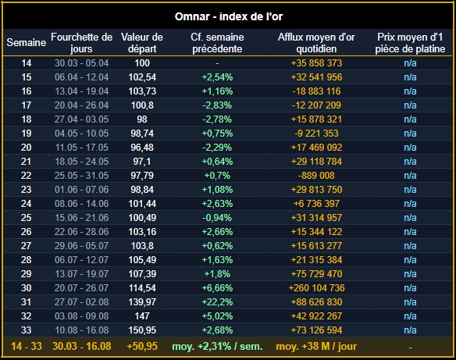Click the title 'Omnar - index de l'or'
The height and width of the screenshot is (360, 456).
pos(229,16)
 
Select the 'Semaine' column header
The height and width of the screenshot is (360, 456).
pos(27,42)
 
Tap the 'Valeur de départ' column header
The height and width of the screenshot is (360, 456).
pos(142,43)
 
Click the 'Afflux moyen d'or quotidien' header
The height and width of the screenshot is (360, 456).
pos(316,43)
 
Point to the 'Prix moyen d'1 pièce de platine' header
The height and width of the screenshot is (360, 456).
pos(410,43)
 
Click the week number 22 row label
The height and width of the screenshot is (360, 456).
pos(27,176)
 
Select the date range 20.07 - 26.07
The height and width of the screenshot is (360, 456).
pos(82,288)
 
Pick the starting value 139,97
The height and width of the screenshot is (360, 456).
pos(142,302)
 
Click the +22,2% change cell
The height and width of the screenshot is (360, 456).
pos(217,302)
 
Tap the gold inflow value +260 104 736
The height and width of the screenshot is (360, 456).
pos(316,288)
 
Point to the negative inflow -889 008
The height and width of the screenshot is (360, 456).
pos(316,176)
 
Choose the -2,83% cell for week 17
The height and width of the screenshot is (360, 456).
pos(217,105)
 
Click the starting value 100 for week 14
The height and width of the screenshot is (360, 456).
pos(142,63)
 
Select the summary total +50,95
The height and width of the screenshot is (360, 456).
pos(142,346)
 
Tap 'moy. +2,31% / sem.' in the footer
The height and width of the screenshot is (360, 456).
pos(217,346)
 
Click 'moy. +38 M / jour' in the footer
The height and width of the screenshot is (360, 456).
pos(316,346)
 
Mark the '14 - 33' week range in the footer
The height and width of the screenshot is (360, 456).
pos(27,346)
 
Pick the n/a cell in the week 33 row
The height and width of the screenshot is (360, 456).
pos(410,330)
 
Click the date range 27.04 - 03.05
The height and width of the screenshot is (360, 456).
pos(82,119)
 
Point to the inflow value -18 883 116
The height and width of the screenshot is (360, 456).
pos(316,91)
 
